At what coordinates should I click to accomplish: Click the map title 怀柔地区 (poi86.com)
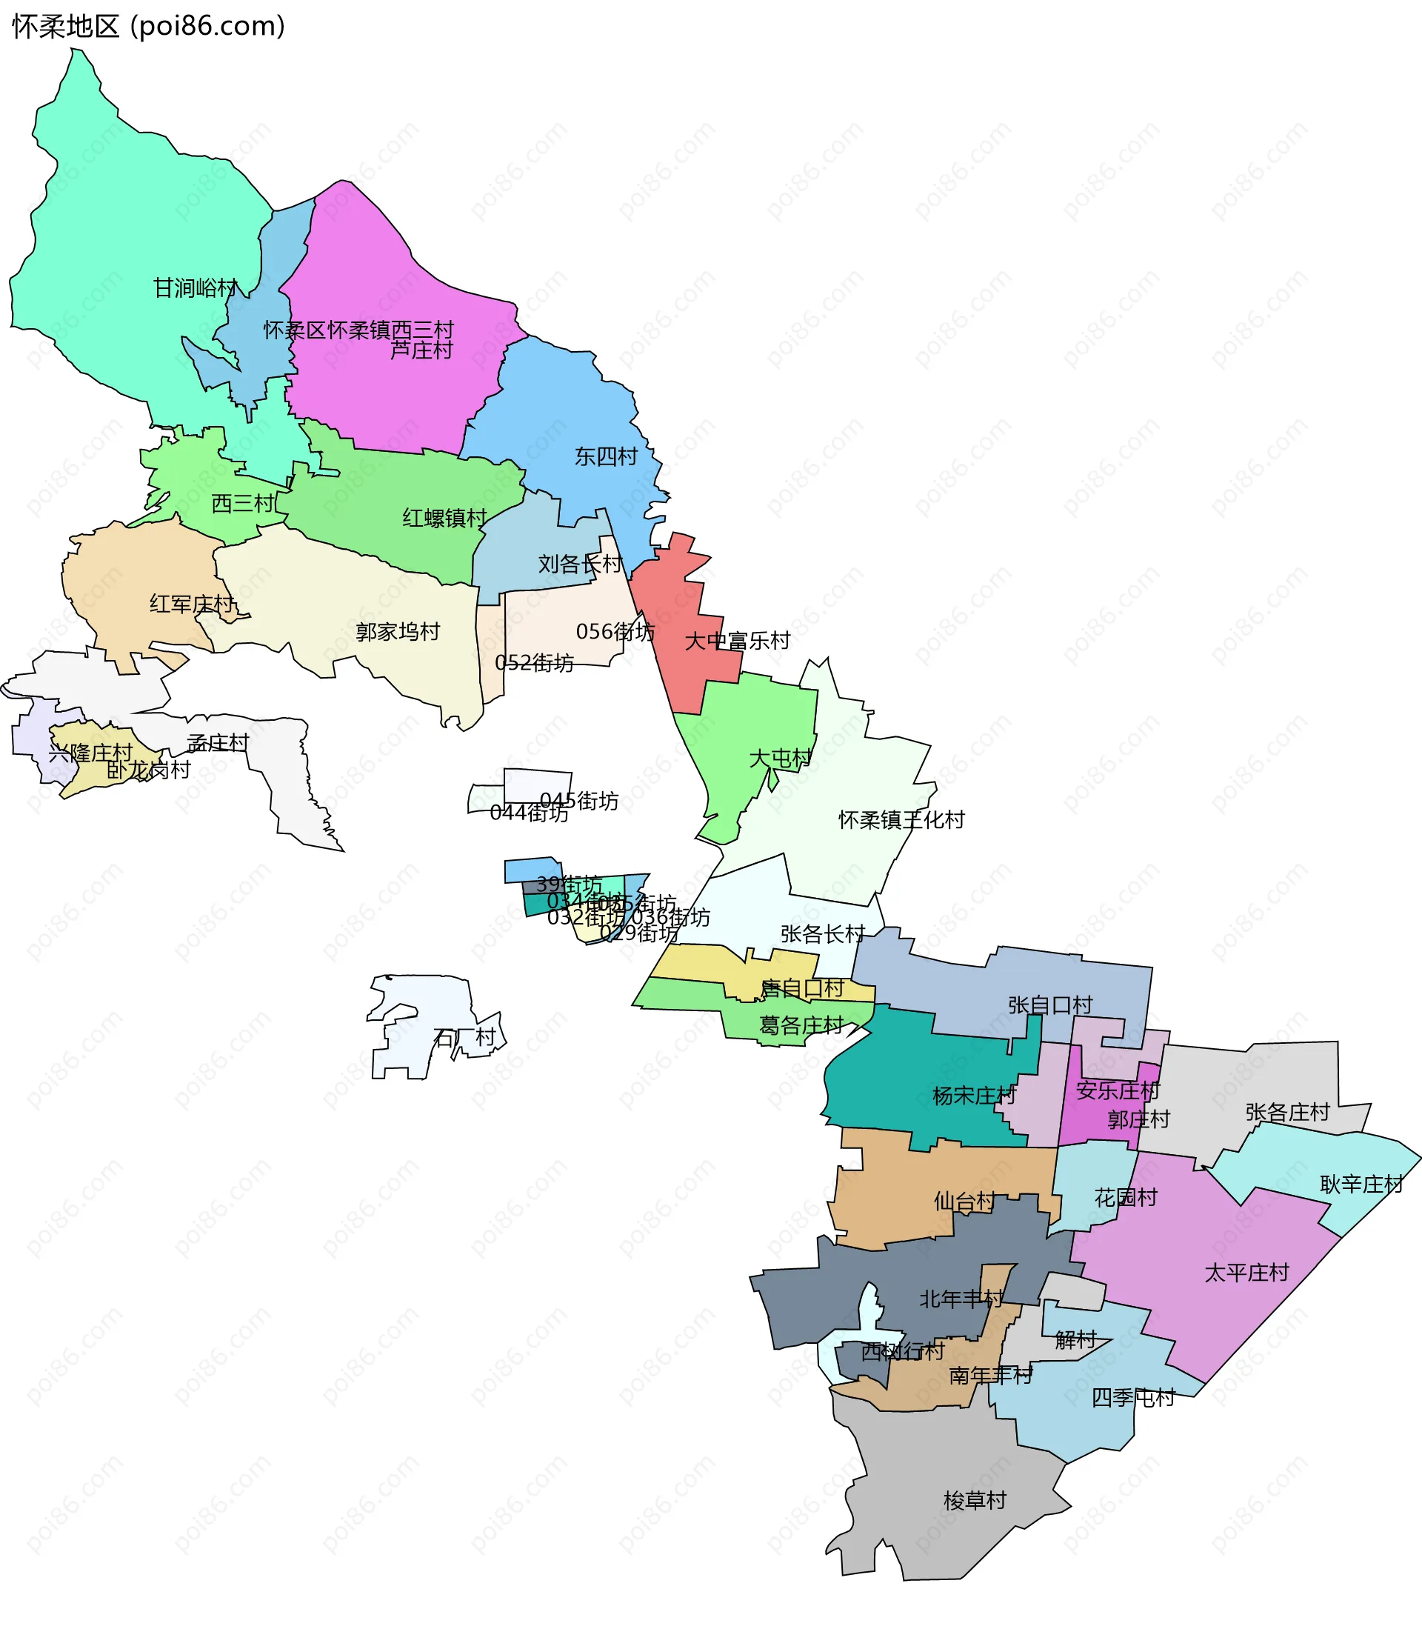tap(148, 26)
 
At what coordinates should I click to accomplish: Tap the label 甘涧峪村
tap(196, 287)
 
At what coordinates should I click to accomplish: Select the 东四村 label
tap(606, 456)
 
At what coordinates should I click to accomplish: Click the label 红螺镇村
tap(444, 519)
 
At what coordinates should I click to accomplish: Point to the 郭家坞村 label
tap(398, 632)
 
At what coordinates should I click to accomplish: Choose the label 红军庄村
tap(191, 604)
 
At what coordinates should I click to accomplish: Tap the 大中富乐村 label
tap(737, 641)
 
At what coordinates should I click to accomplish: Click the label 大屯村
tap(781, 758)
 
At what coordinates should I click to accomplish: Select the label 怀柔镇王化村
tap(901, 820)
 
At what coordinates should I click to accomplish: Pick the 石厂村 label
tap(465, 1038)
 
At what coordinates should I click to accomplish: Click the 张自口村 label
tap(1050, 1005)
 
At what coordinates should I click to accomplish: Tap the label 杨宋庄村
tap(974, 1096)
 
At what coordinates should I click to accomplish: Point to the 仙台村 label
tap(964, 1202)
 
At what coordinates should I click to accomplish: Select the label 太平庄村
tap(1246, 1273)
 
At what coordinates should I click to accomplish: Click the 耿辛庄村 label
tap(1362, 1185)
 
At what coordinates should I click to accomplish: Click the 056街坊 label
tap(615, 632)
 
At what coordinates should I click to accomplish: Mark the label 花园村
tap(1126, 1198)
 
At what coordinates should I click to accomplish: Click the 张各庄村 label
tap(1287, 1112)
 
